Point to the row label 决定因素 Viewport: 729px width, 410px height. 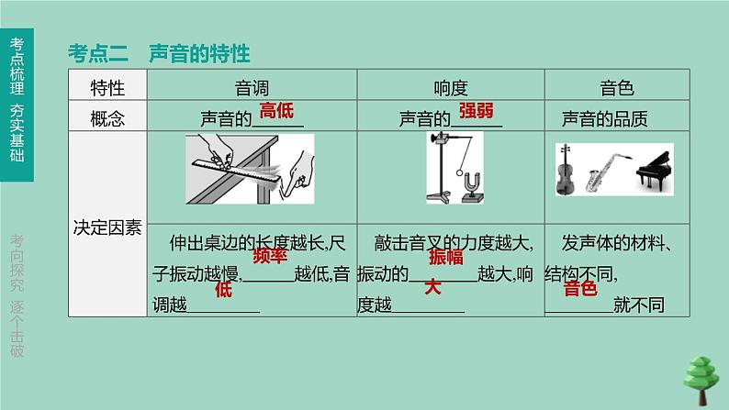click(x=107, y=228)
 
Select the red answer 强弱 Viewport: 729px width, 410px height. click(x=477, y=111)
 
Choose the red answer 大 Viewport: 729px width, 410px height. click(x=432, y=288)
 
